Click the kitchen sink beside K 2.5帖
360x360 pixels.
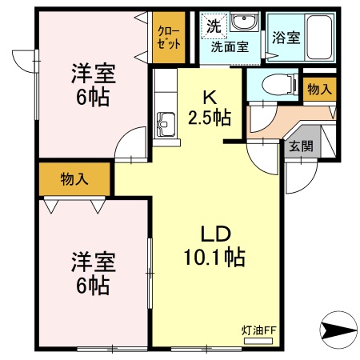point(166,123)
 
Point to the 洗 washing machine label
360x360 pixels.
point(214,26)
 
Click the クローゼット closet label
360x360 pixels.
point(169,38)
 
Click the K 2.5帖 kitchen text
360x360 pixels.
point(209,107)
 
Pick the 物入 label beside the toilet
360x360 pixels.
point(319,89)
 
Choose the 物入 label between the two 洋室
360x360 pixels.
point(74,179)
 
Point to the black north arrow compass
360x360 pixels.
point(337,329)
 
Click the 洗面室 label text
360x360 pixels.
point(230,46)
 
